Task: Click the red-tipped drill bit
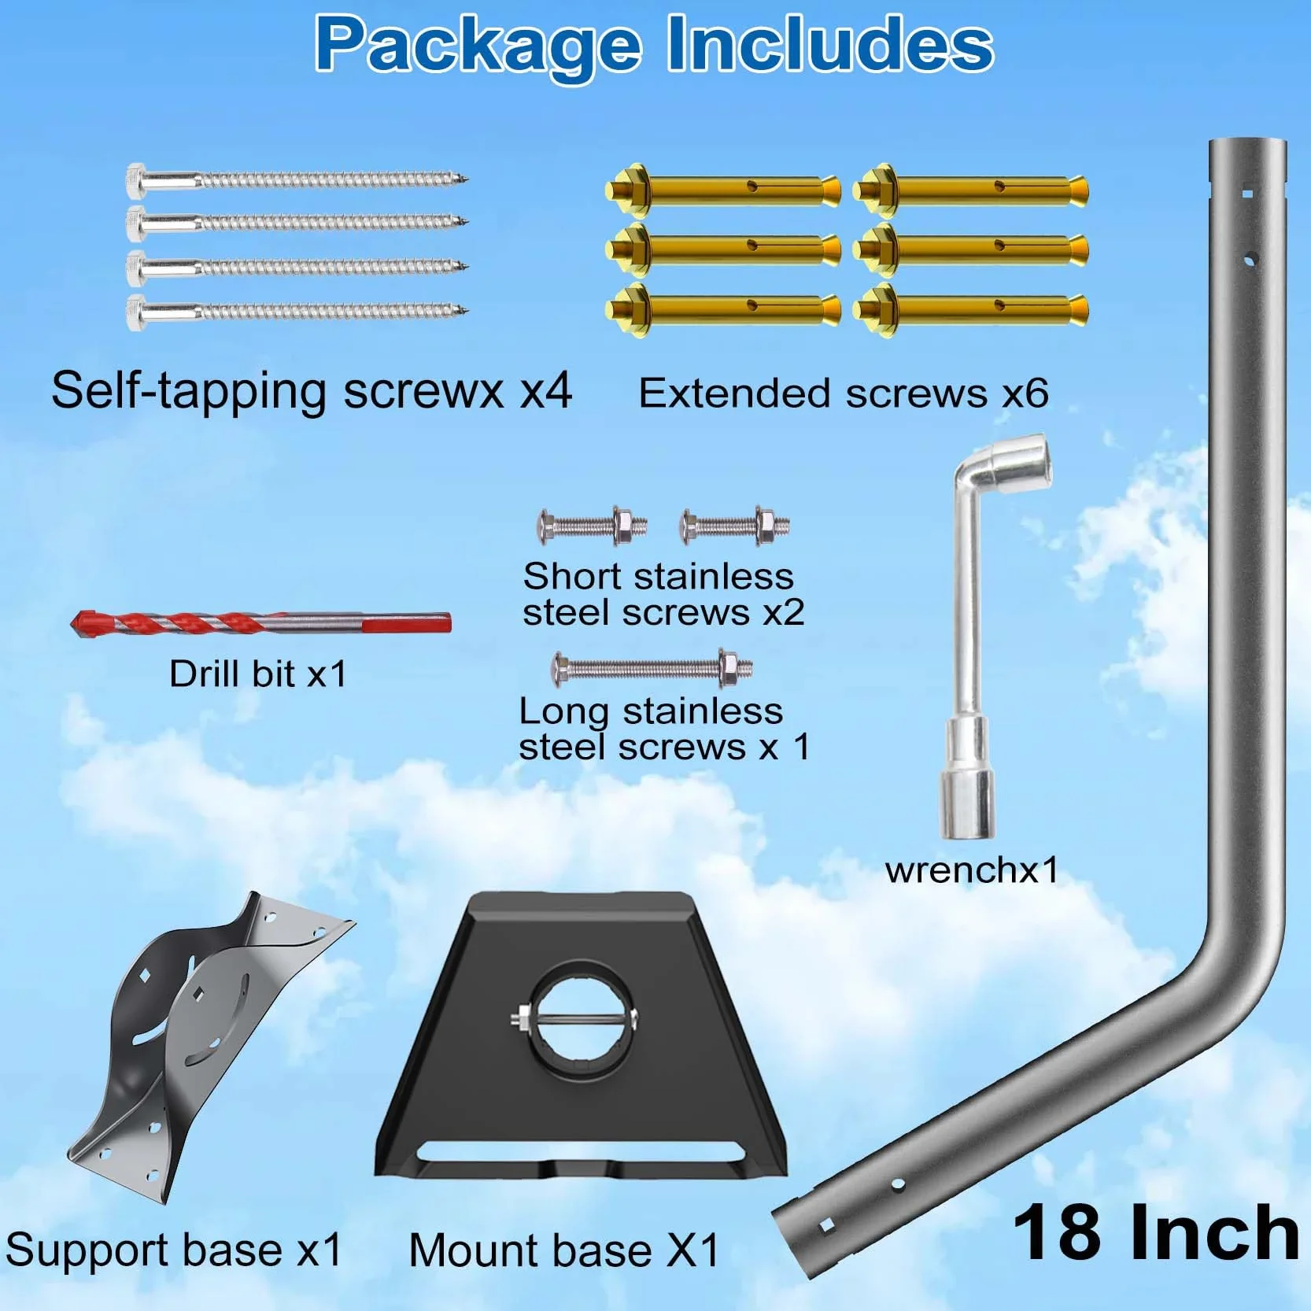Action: (x=260, y=623)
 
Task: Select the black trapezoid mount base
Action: (x=581, y=1035)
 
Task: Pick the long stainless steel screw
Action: (x=652, y=669)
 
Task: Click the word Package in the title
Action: (x=478, y=45)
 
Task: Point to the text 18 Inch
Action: (x=1155, y=1233)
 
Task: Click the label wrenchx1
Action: (x=972, y=870)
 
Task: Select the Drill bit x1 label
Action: (x=258, y=674)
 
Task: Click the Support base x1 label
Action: (x=174, y=1250)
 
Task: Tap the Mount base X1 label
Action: (x=564, y=1250)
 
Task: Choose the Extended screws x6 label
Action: (x=844, y=393)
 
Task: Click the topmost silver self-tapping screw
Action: (x=297, y=180)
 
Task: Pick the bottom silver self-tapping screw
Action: (x=297, y=312)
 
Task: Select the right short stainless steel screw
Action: (x=735, y=526)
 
